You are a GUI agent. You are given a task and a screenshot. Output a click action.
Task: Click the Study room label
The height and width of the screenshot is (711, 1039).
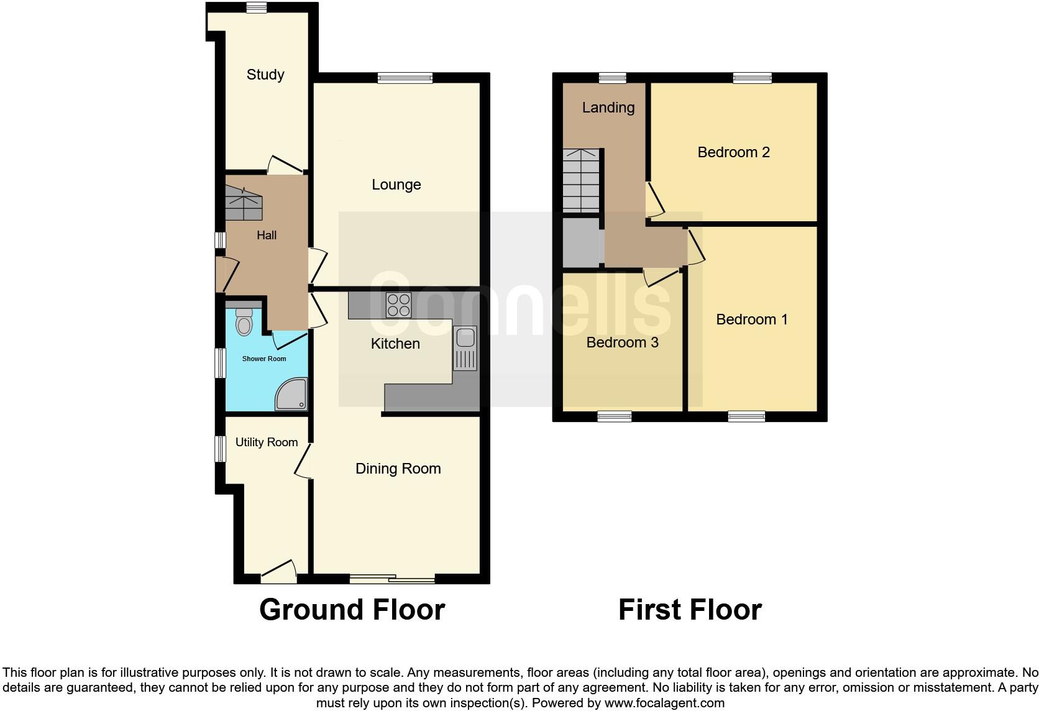coord(265,75)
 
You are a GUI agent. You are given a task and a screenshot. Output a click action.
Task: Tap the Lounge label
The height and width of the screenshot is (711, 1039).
coord(396,185)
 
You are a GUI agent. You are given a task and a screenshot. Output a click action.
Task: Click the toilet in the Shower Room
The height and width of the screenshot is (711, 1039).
coord(244,322)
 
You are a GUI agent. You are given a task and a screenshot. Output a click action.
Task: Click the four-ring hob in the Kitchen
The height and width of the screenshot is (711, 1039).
coord(398,305)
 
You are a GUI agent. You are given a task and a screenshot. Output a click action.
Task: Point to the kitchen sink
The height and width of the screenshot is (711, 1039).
coord(465,339)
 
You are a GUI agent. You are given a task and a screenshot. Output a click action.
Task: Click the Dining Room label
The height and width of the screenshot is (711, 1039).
coord(398,469)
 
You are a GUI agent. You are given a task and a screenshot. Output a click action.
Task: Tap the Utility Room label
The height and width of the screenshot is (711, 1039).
coord(266,443)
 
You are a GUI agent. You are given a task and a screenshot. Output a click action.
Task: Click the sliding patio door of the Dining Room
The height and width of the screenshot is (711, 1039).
coord(392,579)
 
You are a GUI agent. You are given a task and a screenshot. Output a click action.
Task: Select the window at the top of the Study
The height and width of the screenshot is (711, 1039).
coord(256,7)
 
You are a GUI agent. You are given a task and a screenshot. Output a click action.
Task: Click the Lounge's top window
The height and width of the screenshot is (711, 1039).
coord(405,78)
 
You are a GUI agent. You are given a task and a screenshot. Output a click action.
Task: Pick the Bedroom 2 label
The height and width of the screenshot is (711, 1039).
coord(733,152)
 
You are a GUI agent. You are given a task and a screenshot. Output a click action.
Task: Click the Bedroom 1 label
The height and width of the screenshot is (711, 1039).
coord(751,319)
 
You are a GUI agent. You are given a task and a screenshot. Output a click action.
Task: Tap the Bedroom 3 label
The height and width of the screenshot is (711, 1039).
coord(622,342)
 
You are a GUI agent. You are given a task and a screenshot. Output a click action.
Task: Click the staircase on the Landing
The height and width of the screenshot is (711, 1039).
coord(582,180)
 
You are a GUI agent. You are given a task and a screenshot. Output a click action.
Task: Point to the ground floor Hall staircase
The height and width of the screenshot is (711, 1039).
coord(244,203)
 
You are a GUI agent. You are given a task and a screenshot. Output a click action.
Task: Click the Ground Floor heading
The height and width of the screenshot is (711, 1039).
coord(352,610)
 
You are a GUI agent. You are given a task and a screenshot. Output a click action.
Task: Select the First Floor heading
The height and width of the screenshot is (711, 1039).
coord(690,610)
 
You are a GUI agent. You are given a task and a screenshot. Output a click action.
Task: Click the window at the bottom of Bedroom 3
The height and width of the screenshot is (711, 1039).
coord(615,416)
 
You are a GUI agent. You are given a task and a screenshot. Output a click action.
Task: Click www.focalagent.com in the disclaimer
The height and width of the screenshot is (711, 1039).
coord(664,704)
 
